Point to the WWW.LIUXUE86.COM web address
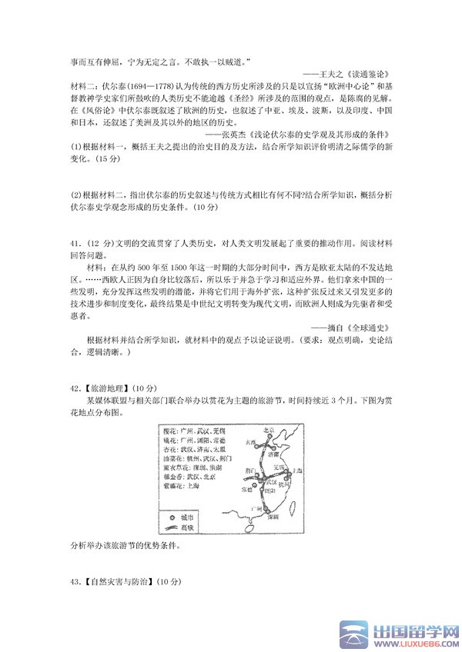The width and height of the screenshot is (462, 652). (413, 642)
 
